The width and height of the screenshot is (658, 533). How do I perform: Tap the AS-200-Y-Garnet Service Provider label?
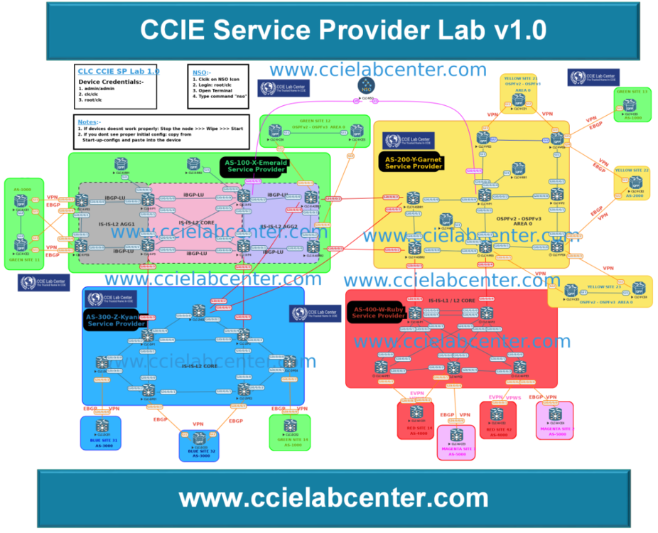pos(414,163)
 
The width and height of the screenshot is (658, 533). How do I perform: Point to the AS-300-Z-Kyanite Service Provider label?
pos(115,321)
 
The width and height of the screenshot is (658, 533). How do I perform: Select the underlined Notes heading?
pos(87,122)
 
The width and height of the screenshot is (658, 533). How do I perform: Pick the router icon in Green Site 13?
pos(630,104)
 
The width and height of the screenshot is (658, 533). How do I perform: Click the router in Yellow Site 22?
pos(635,182)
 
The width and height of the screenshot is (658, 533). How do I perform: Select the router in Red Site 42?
pos(497,413)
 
